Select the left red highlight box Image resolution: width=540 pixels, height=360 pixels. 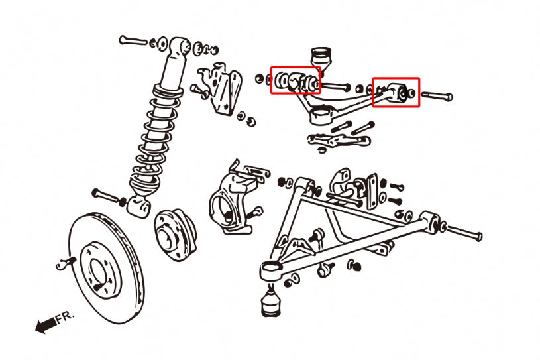tap(296, 80)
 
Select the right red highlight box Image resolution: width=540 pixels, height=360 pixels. tap(396, 92)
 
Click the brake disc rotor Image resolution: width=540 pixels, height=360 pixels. tap(106, 268)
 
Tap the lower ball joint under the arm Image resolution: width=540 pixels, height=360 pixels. tap(270, 302)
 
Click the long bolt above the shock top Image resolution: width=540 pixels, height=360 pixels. tap(133, 40)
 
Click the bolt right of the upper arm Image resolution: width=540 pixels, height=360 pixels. tap(437, 96)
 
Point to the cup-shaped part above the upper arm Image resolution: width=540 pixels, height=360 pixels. tap(321, 56)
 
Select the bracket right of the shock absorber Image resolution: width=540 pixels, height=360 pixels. tap(220, 89)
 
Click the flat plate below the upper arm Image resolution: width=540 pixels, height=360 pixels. tap(339, 140)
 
